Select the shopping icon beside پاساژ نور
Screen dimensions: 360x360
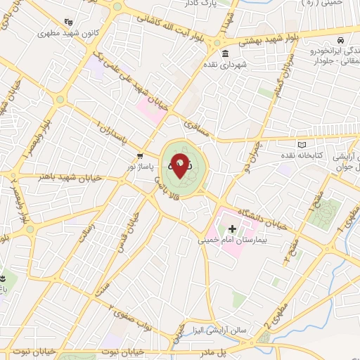(x=140, y=155)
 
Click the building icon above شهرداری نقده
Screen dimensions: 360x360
(x=224, y=54)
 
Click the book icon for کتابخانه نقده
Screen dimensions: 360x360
(x=303, y=143)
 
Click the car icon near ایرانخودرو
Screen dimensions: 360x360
(x=340, y=41)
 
